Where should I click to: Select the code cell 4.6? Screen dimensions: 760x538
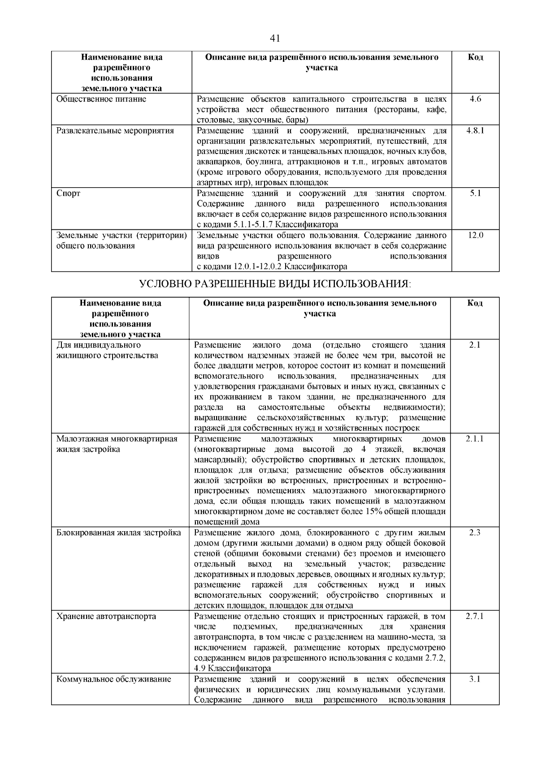coord(475,99)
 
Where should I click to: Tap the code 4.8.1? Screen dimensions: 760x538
coord(475,131)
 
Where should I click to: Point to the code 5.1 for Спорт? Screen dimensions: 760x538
coord(475,193)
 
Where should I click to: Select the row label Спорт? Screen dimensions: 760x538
coord(69,194)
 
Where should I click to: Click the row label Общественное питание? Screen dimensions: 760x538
coord(101,99)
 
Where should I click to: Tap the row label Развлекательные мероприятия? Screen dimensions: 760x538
coord(115,131)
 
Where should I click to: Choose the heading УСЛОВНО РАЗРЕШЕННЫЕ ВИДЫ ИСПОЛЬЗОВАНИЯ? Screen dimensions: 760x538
coord(275,284)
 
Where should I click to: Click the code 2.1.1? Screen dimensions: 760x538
coord(474,439)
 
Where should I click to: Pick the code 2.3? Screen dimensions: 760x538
coord(474,533)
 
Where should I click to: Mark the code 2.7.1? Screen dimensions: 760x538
coord(474,617)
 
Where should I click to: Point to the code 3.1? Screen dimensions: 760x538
coord(474,679)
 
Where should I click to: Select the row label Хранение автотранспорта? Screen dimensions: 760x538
coord(106,617)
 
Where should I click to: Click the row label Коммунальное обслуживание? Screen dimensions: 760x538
coord(114,679)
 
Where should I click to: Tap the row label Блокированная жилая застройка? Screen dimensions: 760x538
coord(119,533)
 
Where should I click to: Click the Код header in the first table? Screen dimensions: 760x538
coord(475,57)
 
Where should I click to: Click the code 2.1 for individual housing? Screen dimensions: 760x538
coord(474,345)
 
